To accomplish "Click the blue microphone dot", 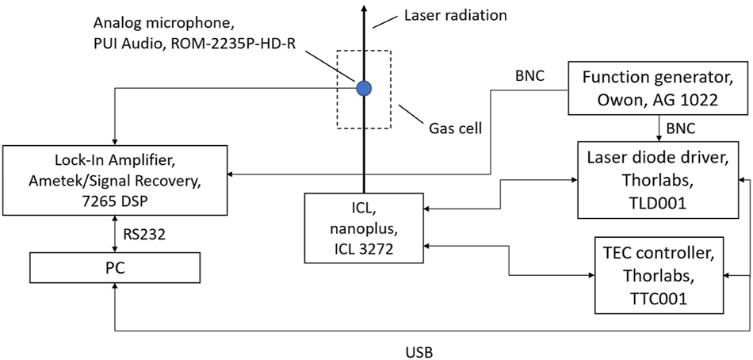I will click(365, 88).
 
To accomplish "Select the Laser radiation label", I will click(455, 15).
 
